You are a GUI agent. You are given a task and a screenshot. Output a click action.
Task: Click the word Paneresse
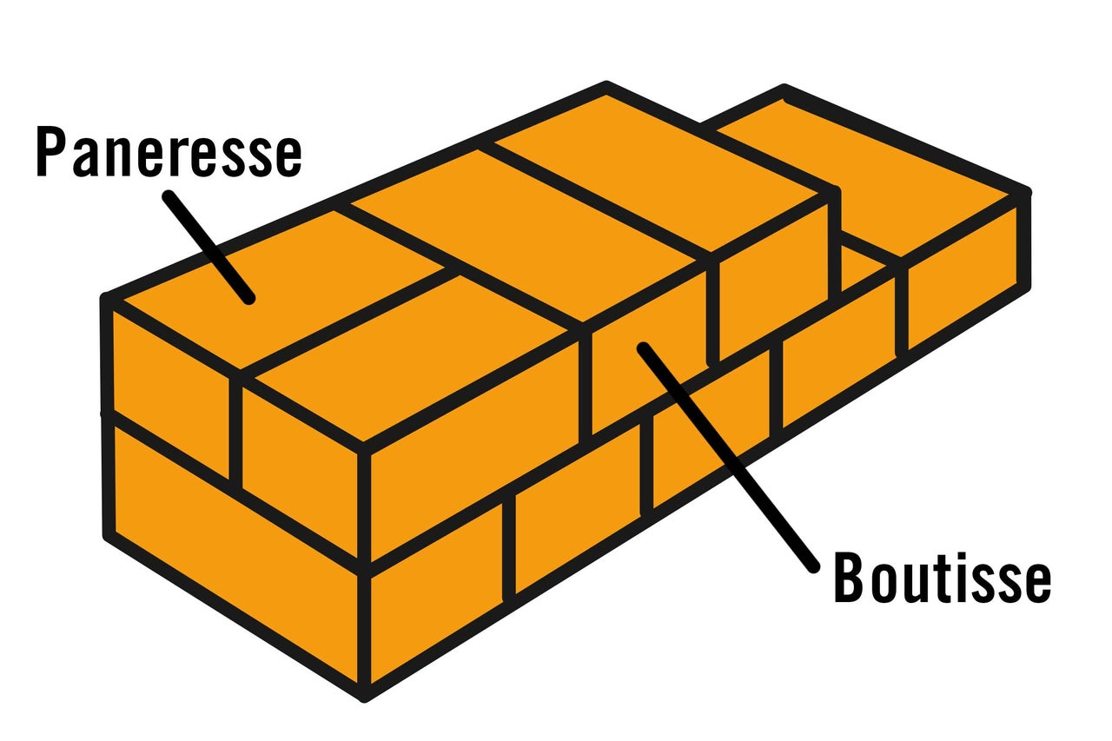(x=169, y=151)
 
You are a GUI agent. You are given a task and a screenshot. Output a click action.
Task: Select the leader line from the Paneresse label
(x=208, y=247)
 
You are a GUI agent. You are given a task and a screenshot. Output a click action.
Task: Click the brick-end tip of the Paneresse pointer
(x=249, y=298)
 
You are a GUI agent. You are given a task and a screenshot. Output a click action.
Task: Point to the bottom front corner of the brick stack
(x=364, y=694)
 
